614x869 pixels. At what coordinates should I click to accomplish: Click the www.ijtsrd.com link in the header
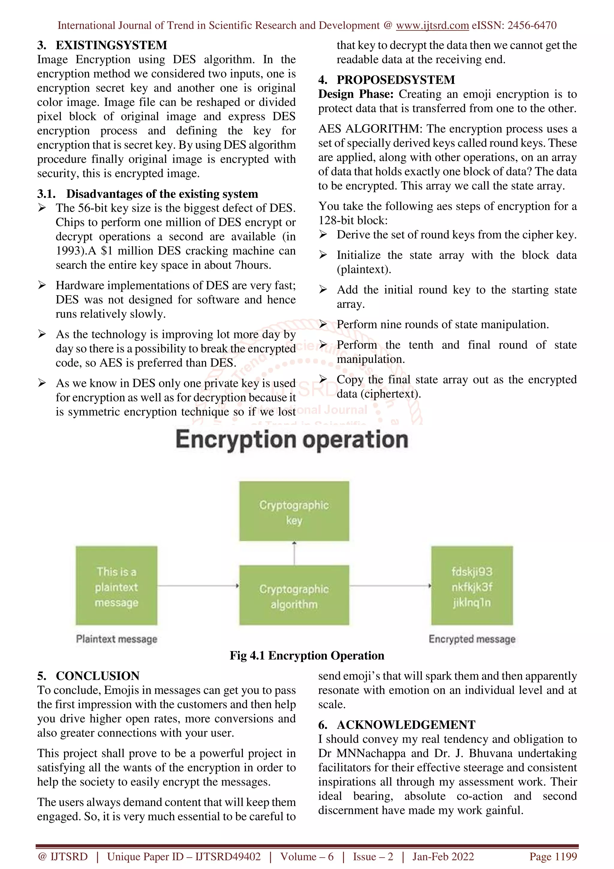[x=432, y=26]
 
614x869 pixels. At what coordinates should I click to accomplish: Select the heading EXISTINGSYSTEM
[x=111, y=45]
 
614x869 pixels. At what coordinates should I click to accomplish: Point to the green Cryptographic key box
[x=294, y=511]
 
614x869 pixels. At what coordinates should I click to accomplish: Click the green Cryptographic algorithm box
[x=294, y=595]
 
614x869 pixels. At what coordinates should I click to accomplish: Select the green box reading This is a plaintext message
[x=117, y=586]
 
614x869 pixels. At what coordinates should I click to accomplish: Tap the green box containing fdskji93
[x=472, y=586]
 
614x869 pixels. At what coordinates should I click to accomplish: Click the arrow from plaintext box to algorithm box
[x=198, y=586]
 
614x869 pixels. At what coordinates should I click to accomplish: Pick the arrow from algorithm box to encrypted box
[x=390, y=586]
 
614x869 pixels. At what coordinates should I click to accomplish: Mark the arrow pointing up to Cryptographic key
[x=294, y=553]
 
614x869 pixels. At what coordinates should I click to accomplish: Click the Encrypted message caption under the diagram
[x=472, y=639]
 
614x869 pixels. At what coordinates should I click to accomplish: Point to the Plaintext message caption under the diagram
[x=117, y=639]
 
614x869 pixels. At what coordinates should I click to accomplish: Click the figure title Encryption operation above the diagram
[x=292, y=440]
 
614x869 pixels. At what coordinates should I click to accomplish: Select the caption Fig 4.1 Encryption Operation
[x=307, y=655]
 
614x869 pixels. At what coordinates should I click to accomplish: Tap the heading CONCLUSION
[x=98, y=676]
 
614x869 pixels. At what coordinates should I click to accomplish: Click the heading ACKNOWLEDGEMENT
[x=406, y=725]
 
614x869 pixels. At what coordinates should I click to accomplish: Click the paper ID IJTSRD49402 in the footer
[x=228, y=857]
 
